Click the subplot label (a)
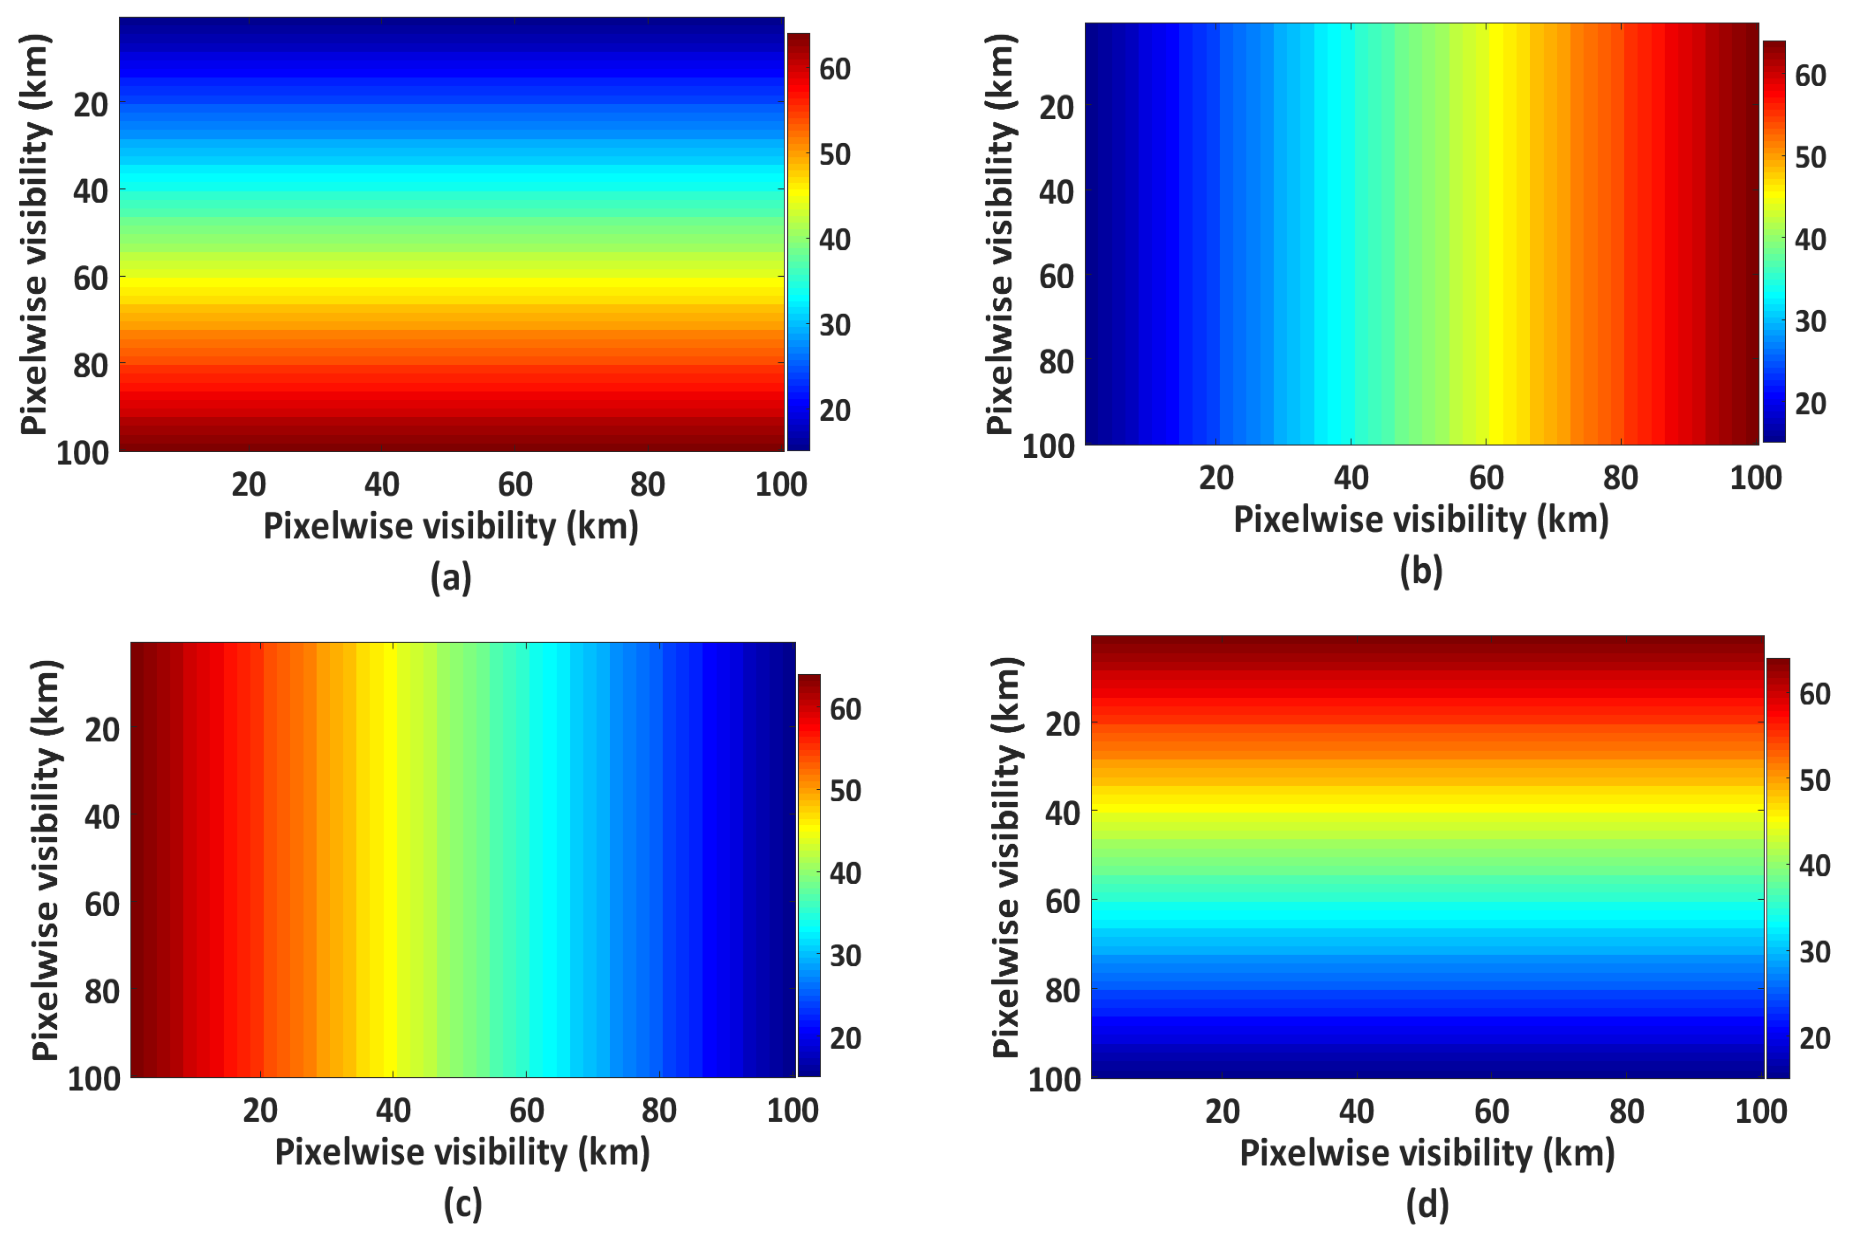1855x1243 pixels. point(450,577)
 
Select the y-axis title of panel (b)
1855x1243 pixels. point(1001,234)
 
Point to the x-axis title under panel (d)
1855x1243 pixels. point(1427,1153)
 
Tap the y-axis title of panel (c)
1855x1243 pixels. point(45,860)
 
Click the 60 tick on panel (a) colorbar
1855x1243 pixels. point(835,70)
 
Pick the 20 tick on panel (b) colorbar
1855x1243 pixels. point(1811,404)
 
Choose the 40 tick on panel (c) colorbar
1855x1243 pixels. point(846,873)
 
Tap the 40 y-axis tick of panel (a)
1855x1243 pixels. point(90,191)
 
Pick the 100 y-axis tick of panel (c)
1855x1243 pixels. point(93,1079)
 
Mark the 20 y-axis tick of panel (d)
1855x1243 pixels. point(1063,724)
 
